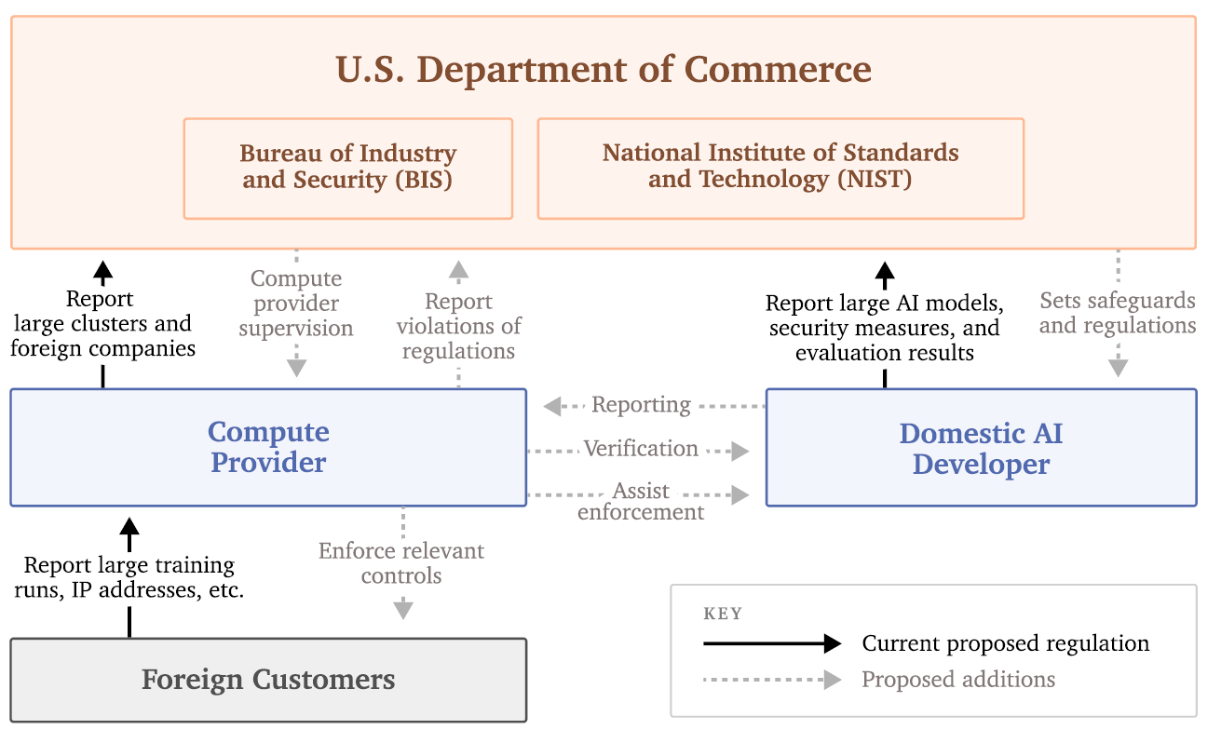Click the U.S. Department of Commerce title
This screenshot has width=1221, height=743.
pyautogui.click(x=603, y=70)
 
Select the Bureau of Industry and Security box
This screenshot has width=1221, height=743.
pyautogui.click(x=347, y=168)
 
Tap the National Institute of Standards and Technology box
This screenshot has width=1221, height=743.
pyautogui.click(x=780, y=167)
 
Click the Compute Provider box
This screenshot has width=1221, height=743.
pyautogui.click(x=268, y=447)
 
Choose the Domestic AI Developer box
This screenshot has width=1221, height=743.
pyautogui.click(x=981, y=448)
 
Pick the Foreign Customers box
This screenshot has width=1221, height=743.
pyautogui.click(x=268, y=680)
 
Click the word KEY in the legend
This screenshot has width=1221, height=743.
pyautogui.click(x=723, y=614)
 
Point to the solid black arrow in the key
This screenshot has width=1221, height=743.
pyautogui.click(x=772, y=643)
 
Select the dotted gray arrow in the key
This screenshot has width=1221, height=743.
pyautogui.click(x=772, y=680)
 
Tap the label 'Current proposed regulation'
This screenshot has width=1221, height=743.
pyautogui.click(x=1005, y=643)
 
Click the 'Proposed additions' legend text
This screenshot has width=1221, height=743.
pyautogui.click(x=958, y=680)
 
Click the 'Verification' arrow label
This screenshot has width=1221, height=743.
pyautogui.click(x=641, y=449)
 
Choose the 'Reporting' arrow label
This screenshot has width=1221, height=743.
pyautogui.click(x=641, y=405)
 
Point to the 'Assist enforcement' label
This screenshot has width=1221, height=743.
pyautogui.click(x=641, y=502)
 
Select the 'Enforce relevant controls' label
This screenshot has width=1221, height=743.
pyautogui.click(x=401, y=563)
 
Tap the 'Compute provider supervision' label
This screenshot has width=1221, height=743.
pyautogui.click(x=296, y=304)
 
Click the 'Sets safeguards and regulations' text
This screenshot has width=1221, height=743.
pyautogui.click(x=1118, y=313)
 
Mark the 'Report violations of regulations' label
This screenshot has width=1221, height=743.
pyautogui.click(x=458, y=326)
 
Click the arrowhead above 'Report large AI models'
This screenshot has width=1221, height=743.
pyautogui.click(x=885, y=273)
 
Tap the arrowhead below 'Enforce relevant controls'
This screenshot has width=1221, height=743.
pyautogui.click(x=402, y=610)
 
